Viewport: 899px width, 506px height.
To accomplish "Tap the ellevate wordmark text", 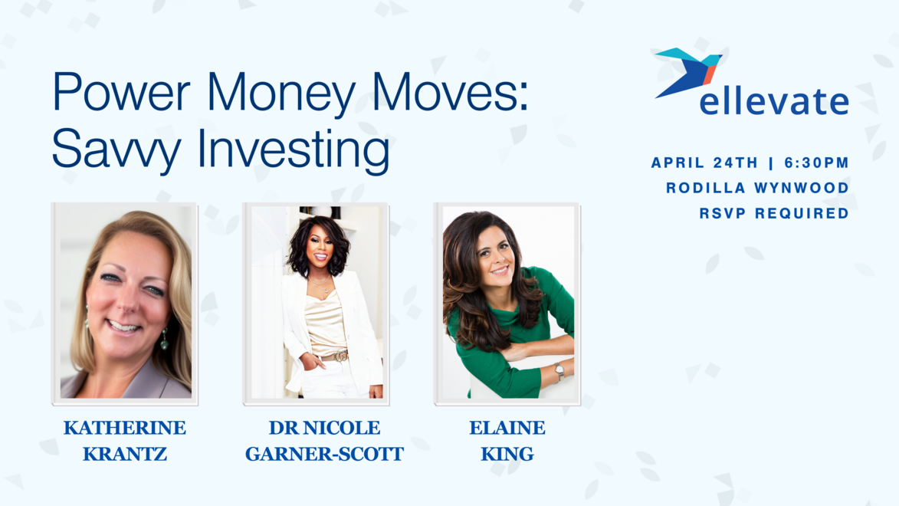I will point(774,101).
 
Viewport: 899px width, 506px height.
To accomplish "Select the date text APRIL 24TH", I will point(704,163).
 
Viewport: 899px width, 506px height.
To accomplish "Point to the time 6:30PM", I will point(816,163).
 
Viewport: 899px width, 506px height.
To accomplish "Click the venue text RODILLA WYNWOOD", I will point(757,188).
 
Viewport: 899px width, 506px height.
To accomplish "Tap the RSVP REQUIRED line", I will point(774,213).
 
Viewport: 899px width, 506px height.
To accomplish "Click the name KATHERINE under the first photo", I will point(125,428).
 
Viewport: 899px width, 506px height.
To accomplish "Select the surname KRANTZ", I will point(125,454).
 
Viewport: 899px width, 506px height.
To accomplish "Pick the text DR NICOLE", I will point(324,428).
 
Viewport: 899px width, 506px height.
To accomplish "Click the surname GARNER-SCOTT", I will point(324,454).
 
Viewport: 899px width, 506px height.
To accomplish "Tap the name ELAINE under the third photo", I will point(507,428).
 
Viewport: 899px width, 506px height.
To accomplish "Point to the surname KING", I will point(507,454).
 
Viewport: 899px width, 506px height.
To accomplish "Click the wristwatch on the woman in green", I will point(559,371).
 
